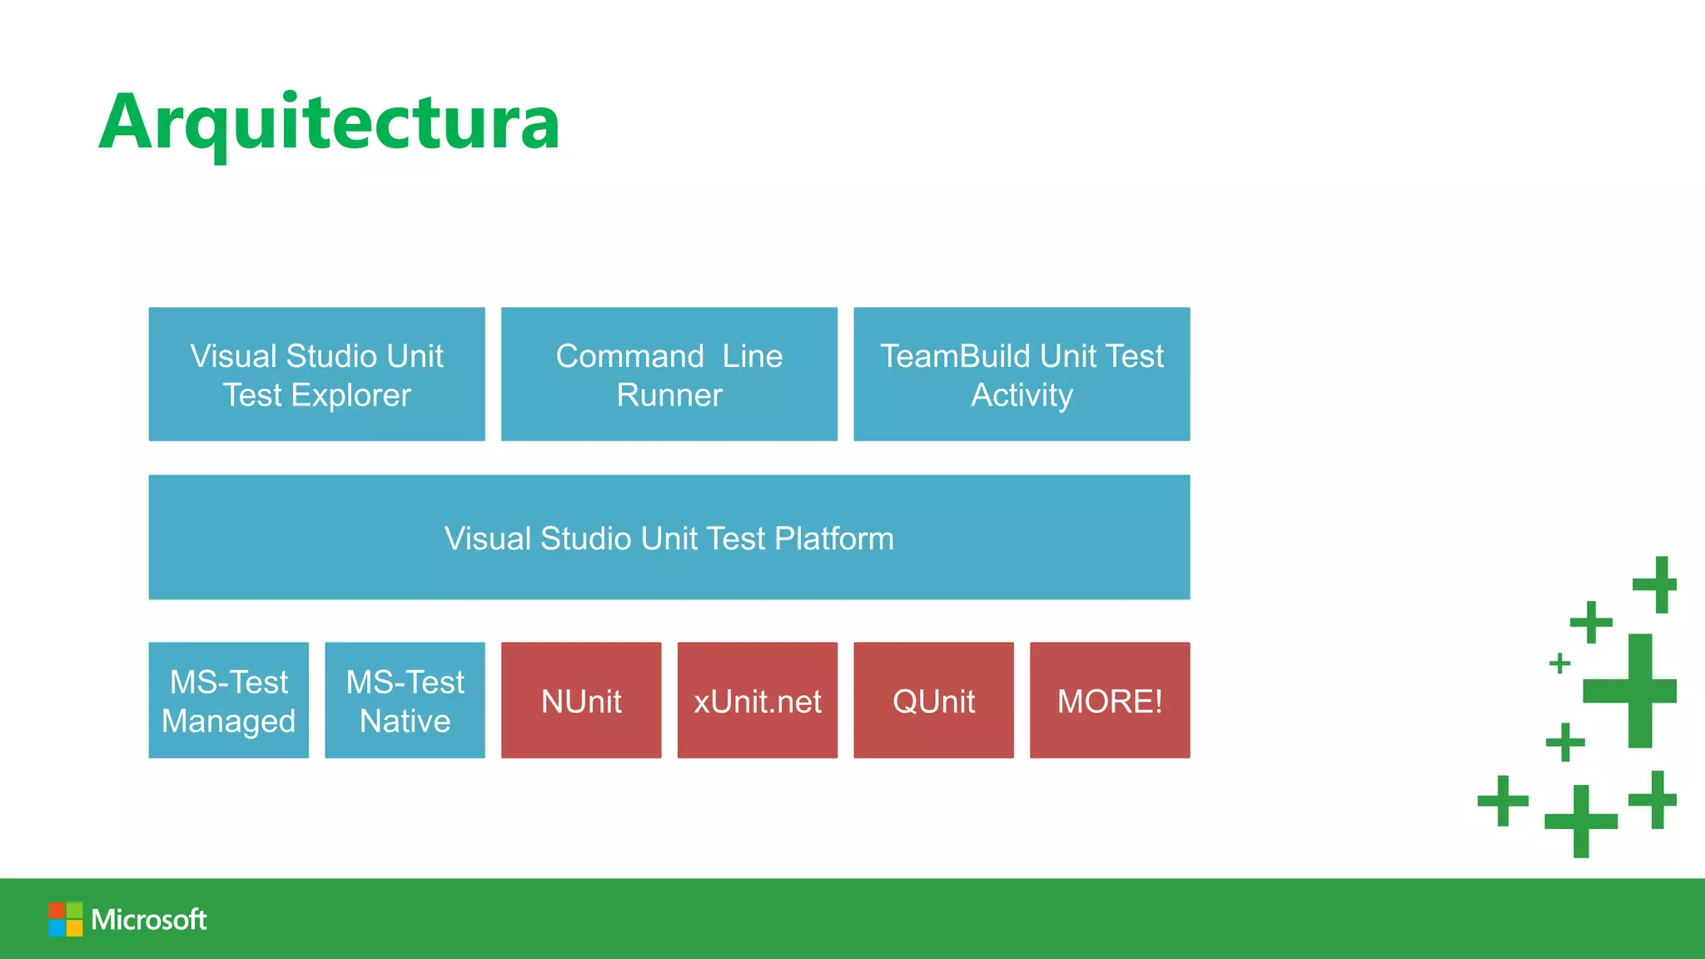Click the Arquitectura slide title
click(x=330, y=123)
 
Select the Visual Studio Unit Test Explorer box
click(x=316, y=374)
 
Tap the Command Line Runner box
click(x=669, y=374)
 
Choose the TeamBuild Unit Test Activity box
click(x=1022, y=374)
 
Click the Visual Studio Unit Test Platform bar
click(x=669, y=537)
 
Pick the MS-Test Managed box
click(x=229, y=700)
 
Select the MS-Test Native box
click(x=405, y=700)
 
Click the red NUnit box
click(x=581, y=700)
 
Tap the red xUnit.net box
click(x=758, y=700)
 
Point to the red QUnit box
click(x=933, y=700)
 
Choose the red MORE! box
click(x=1110, y=700)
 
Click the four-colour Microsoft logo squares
click(x=65, y=919)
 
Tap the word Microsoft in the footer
click(x=149, y=919)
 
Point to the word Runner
click(x=669, y=395)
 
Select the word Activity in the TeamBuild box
click(x=1022, y=395)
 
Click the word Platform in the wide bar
click(x=834, y=539)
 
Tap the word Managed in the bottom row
click(x=229, y=721)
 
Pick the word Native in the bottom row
click(x=405, y=721)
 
